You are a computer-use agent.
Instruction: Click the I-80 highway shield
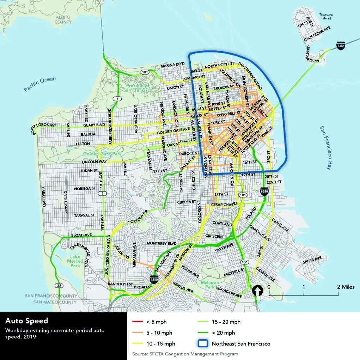point(340,46)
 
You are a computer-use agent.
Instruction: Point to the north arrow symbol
point(258,290)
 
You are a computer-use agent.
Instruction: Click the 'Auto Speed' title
point(26,321)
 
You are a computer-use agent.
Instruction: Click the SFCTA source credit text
point(185,354)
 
